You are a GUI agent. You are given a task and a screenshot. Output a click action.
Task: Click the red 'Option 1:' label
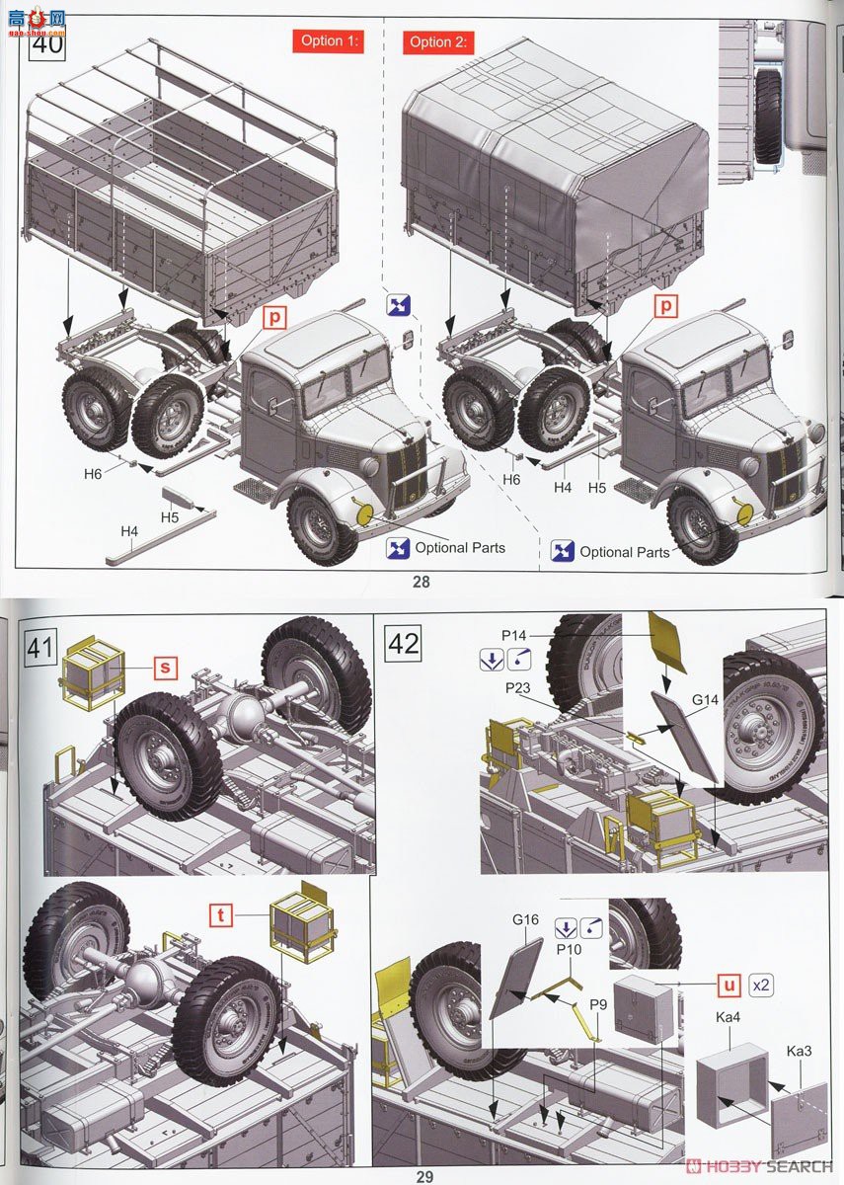click(x=328, y=40)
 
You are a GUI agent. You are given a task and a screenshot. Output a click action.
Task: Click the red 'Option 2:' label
click(x=437, y=41)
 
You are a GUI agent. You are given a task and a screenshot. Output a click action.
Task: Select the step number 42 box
click(x=404, y=644)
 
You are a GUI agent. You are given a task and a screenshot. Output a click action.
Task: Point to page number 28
click(x=422, y=582)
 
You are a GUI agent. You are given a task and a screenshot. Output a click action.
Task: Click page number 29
click(x=424, y=1176)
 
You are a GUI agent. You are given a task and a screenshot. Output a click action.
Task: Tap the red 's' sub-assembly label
click(x=165, y=669)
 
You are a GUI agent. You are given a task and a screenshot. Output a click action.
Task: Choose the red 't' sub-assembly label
click(x=223, y=914)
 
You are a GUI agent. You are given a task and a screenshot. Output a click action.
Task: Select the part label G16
click(x=525, y=919)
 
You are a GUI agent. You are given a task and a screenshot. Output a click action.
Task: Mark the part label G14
click(x=705, y=700)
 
